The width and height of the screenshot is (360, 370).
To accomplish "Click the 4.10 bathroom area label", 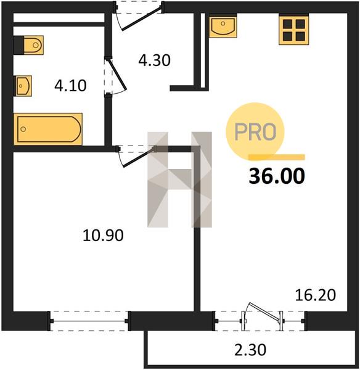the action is (x=70, y=86).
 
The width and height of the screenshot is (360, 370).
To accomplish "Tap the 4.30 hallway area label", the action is (x=154, y=60).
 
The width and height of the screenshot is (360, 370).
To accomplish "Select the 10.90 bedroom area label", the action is (x=103, y=236).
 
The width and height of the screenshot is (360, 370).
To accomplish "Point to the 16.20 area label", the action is (x=316, y=295).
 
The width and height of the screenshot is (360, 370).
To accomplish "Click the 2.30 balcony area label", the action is (x=250, y=350).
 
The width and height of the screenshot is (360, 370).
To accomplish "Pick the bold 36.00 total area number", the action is (x=277, y=176).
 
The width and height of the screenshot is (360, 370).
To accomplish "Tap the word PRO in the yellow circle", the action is (x=255, y=132).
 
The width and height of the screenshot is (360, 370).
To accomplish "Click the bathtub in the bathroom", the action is (x=48, y=129).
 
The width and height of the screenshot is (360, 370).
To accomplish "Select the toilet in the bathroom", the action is (x=29, y=45).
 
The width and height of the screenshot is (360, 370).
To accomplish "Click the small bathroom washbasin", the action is (x=23, y=86).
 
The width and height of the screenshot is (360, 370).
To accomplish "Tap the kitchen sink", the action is (x=223, y=26).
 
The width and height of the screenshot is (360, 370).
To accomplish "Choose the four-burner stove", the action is (x=293, y=30).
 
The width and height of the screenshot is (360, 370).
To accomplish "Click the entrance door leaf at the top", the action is (x=142, y=18).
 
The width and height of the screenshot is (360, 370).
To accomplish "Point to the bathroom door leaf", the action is (x=117, y=75).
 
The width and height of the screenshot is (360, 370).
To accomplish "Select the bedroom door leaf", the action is (x=139, y=157).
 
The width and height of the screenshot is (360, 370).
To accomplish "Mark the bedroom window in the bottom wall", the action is (x=89, y=321).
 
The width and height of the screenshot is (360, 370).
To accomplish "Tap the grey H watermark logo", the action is (x=179, y=179).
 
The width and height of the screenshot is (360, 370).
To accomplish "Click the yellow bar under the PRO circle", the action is (x=277, y=157).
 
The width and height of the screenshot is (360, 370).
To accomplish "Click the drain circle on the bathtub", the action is (x=23, y=129).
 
